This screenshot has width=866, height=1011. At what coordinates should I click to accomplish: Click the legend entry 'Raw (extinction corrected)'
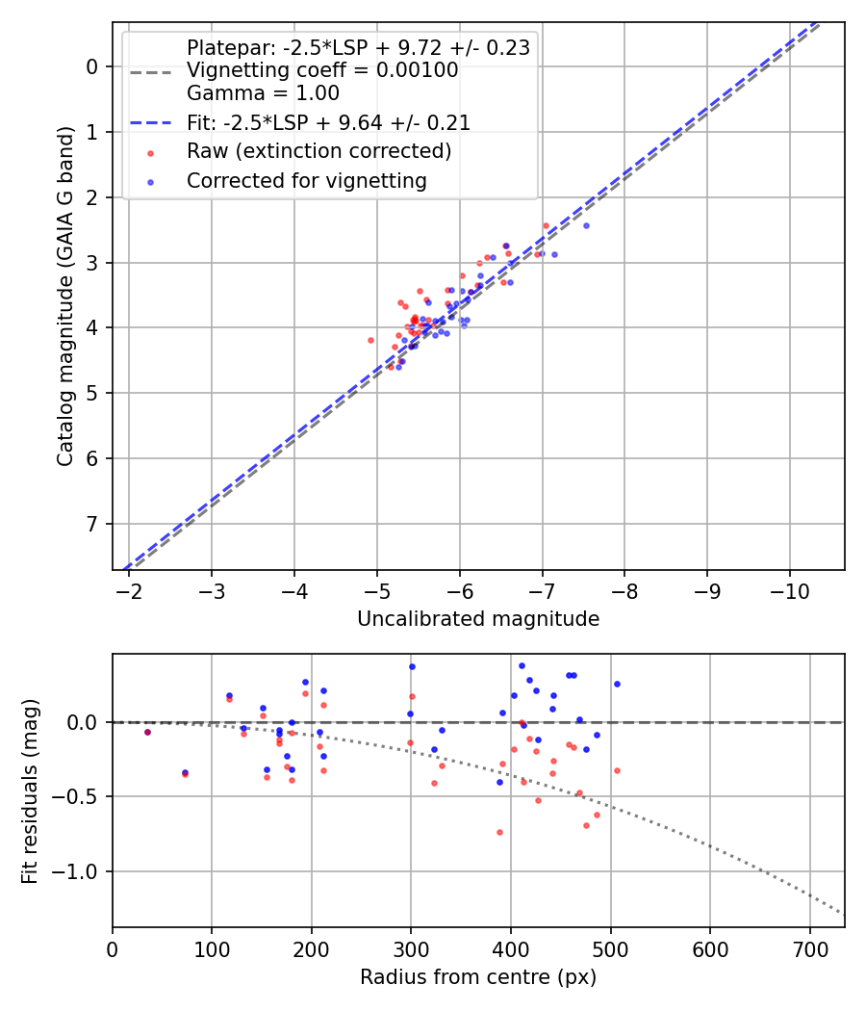318,151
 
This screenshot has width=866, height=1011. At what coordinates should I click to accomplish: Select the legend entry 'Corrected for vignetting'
306,180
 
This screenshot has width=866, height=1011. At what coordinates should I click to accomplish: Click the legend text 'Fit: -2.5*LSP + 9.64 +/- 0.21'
328,122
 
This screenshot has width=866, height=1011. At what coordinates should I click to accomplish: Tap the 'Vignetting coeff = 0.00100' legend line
322,70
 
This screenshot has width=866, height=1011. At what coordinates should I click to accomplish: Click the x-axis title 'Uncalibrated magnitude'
478,619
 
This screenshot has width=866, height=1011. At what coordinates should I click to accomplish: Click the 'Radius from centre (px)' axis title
478,977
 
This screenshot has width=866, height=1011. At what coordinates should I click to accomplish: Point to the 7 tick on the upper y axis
92,524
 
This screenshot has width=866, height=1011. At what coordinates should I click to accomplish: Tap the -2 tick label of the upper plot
130,590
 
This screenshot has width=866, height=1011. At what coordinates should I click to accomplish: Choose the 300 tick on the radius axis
411,948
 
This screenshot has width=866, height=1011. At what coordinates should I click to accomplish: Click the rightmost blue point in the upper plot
586,225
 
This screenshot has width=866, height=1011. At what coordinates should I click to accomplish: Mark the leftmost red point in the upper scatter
371,340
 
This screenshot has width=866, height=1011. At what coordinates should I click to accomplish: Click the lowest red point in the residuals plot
499,832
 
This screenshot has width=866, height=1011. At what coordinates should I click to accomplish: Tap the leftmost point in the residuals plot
147,732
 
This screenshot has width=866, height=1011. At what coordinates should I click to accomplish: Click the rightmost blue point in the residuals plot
617,684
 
